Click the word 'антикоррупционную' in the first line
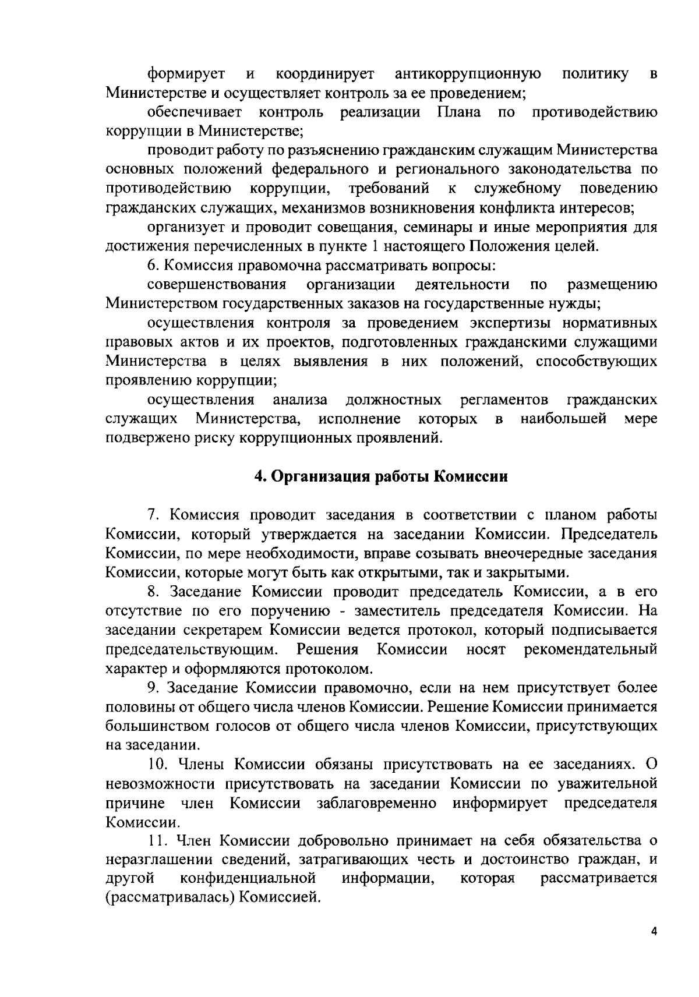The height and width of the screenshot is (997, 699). pyautogui.click(x=468, y=74)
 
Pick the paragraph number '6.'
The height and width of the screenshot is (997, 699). pyautogui.click(x=153, y=266)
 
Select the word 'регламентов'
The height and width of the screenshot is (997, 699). pyautogui.click(x=504, y=400)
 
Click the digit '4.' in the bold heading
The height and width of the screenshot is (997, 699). pyautogui.click(x=260, y=477)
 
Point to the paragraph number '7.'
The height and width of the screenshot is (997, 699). pyautogui.click(x=153, y=515)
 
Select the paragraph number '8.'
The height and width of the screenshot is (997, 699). pyautogui.click(x=153, y=592)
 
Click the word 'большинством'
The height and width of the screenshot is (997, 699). pyautogui.click(x=156, y=726)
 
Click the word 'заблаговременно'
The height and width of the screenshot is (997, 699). pyautogui.click(x=377, y=804)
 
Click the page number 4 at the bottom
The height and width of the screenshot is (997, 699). pyautogui.click(x=654, y=932)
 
